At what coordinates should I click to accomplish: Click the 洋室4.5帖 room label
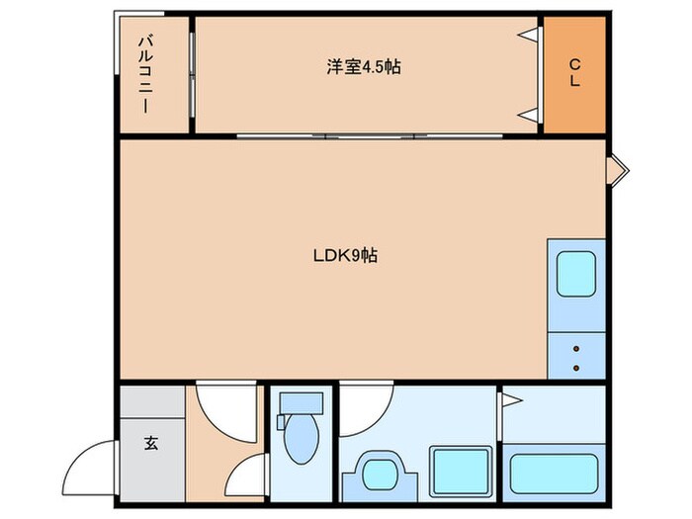(x=364, y=67)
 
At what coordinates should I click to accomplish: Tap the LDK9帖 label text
(x=345, y=255)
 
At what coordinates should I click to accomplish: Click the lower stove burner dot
(x=575, y=370)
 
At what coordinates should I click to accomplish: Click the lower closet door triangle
(x=531, y=114)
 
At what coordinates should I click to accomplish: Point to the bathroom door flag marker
(x=512, y=400)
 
